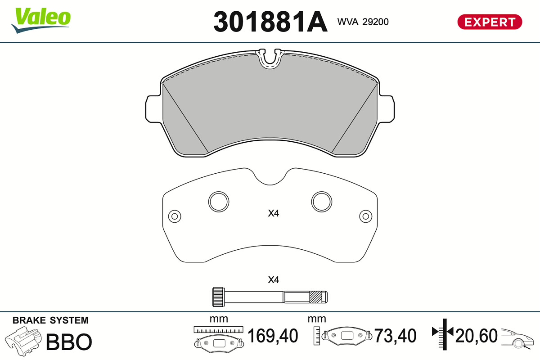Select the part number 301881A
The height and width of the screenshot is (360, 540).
click(270, 22)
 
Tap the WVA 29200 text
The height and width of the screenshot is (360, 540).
click(363, 22)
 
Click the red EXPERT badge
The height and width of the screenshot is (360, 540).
click(490, 22)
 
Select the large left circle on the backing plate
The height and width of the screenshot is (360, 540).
click(219, 202)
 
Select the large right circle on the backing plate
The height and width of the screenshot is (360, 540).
click(322, 202)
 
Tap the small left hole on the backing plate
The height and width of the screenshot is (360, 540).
click(175, 216)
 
